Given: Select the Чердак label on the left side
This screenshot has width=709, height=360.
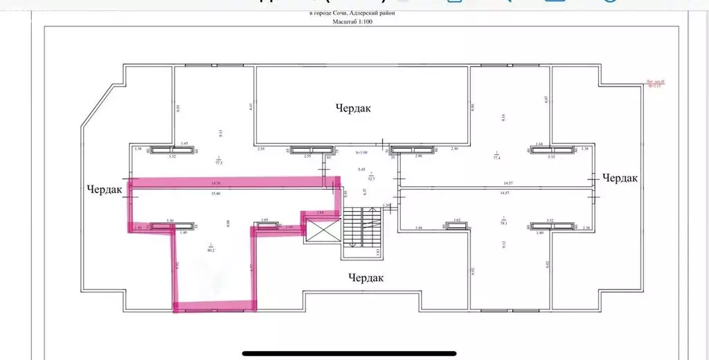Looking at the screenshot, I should (x=105, y=189).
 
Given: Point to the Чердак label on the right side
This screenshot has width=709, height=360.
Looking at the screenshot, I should (x=620, y=178).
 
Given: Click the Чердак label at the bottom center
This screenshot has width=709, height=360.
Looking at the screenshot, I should (x=366, y=278).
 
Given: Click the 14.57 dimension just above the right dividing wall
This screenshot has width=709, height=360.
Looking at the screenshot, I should (x=503, y=183).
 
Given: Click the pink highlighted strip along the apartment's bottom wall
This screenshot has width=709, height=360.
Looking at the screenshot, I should (x=215, y=304).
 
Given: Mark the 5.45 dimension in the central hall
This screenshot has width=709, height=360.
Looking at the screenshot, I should (x=361, y=170).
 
